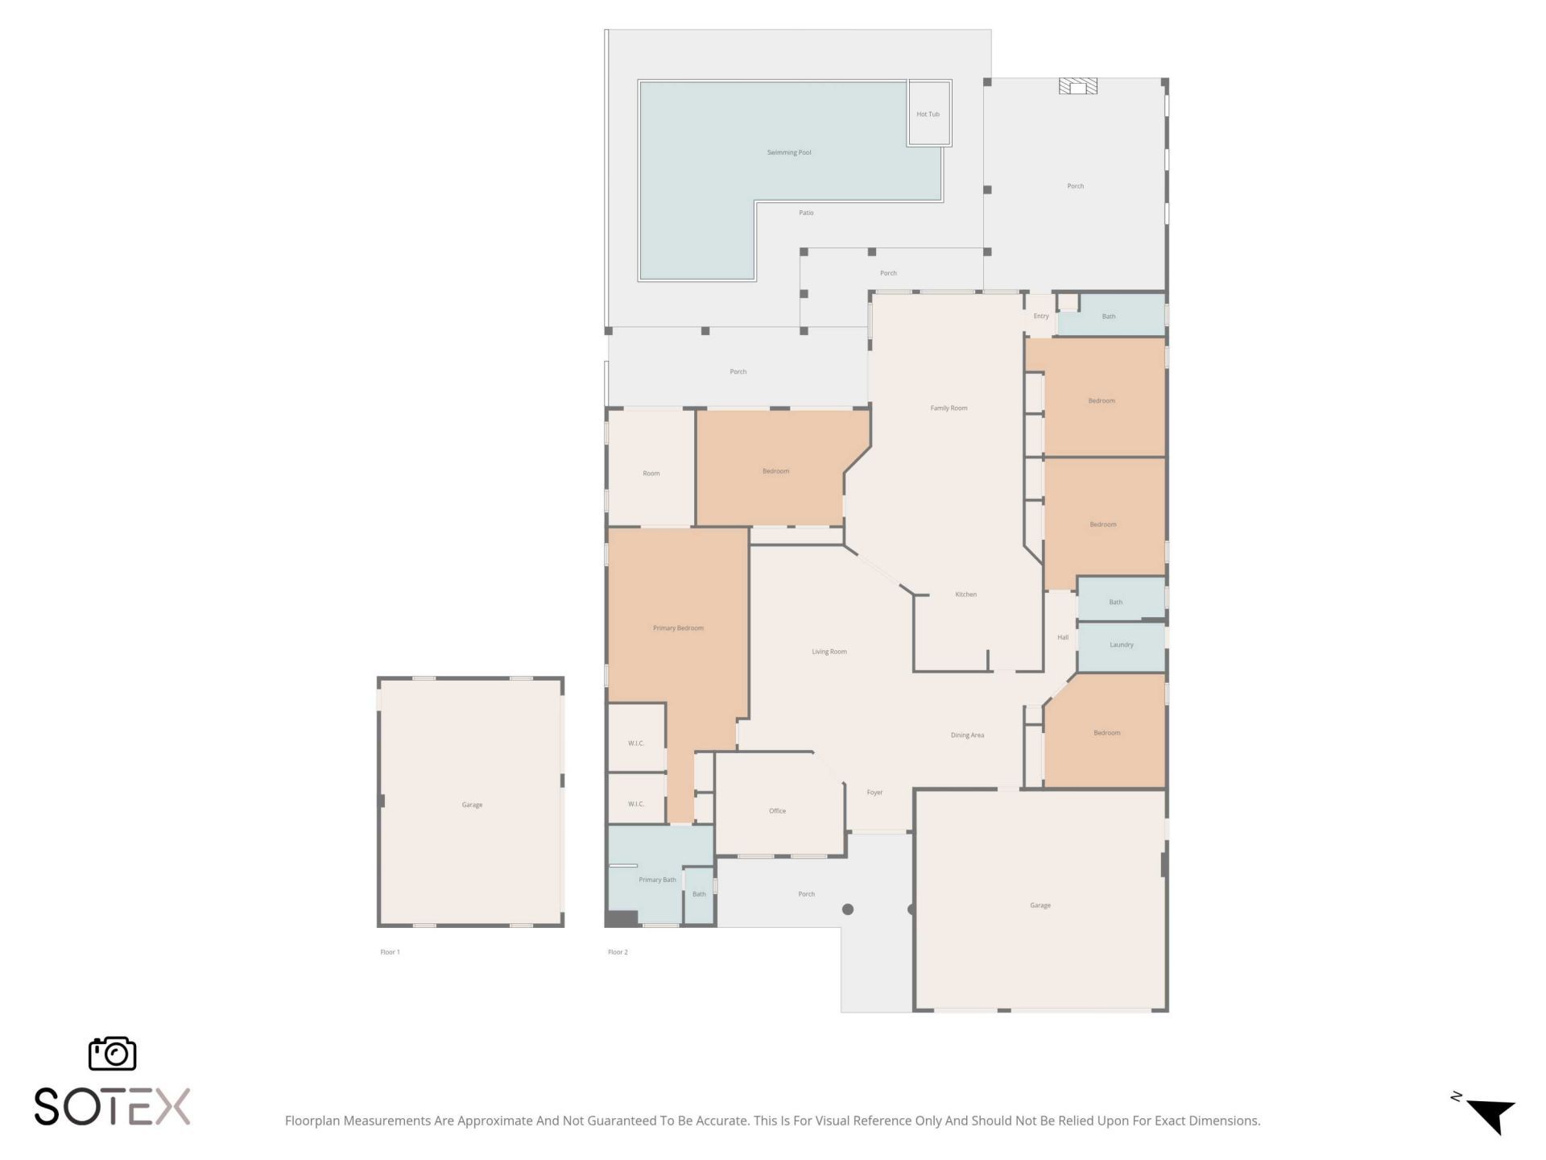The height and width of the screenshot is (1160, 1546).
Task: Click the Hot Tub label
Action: [x=928, y=114]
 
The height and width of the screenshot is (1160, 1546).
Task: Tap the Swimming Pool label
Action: [x=789, y=152]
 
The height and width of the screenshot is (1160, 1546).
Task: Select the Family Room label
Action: [x=949, y=408]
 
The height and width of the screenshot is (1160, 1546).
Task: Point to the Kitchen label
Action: [x=965, y=594]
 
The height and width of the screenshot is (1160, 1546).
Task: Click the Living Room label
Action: [x=829, y=652]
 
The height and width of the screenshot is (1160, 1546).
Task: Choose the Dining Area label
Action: [x=967, y=735]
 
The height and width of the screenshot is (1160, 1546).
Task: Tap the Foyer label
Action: [x=874, y=793]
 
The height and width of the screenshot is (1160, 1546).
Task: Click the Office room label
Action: [x=777, y=811]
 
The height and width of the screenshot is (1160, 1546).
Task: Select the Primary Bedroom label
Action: [x=678, y=628]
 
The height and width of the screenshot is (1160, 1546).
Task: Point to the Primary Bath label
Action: [x=657, y=880]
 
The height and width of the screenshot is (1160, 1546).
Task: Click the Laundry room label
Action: [x=1121, y=645]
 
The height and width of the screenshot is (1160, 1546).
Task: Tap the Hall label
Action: [x=1063, y=638]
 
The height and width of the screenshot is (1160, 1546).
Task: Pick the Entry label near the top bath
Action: [x=1041, y=317]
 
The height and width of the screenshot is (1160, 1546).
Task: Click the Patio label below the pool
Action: [x=806, y=213]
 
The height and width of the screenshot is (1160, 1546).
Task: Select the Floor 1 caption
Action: [x=390, y=952]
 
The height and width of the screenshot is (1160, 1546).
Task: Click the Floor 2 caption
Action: [x=618, y=952]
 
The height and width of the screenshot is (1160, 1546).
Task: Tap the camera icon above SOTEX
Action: [x=112, y=1054]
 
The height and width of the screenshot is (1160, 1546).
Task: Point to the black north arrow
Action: [x=1490, y=1116]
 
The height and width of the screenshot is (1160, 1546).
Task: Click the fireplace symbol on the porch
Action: [x=1077, y=86]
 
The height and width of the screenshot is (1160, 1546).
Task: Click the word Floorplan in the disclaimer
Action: [x=312, y=1121]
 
